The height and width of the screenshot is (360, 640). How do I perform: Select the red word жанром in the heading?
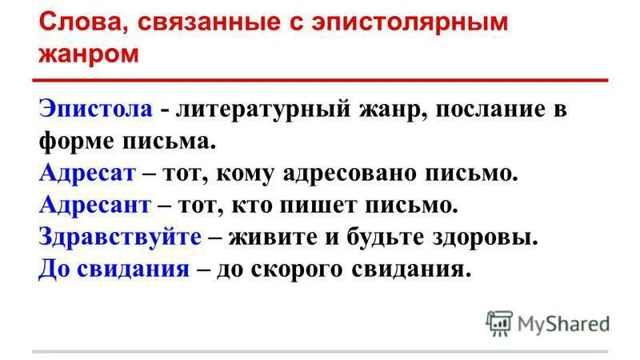click(88, 54)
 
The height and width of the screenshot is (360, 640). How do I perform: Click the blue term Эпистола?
click(96, 110)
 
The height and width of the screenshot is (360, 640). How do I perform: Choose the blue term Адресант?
click(95, 205)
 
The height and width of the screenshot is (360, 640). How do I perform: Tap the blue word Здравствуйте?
click(118, 237)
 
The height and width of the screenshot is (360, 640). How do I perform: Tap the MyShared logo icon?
click(498, 322)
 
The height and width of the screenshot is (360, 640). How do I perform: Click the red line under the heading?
click(320, 80)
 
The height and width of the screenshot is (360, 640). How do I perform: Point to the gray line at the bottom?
click(320, 351)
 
